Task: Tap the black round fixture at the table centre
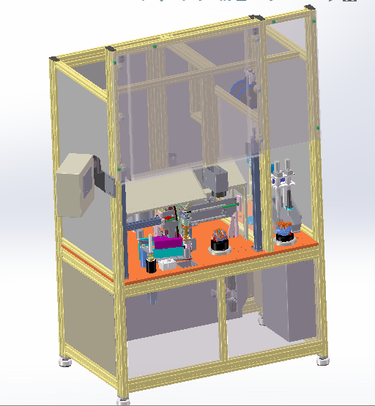(x=219, y=246)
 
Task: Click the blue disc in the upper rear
(x=240, y=94)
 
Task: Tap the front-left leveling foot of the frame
(x=65, y=360)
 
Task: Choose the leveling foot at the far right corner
(x=322, y=361)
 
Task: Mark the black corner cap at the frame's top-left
(x=53, y=58)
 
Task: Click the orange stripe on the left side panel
(x=86, y=261)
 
